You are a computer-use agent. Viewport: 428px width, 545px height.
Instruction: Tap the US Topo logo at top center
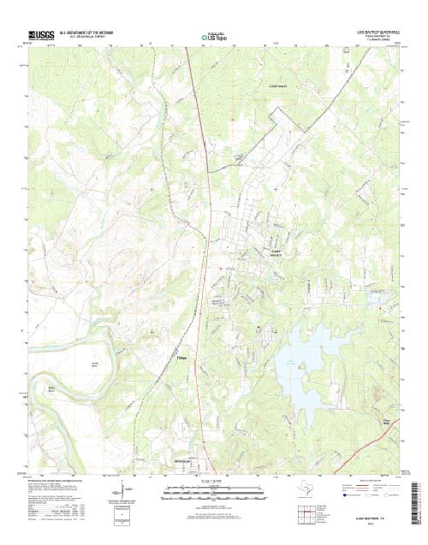pyautogui.click(x=214, y=38)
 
